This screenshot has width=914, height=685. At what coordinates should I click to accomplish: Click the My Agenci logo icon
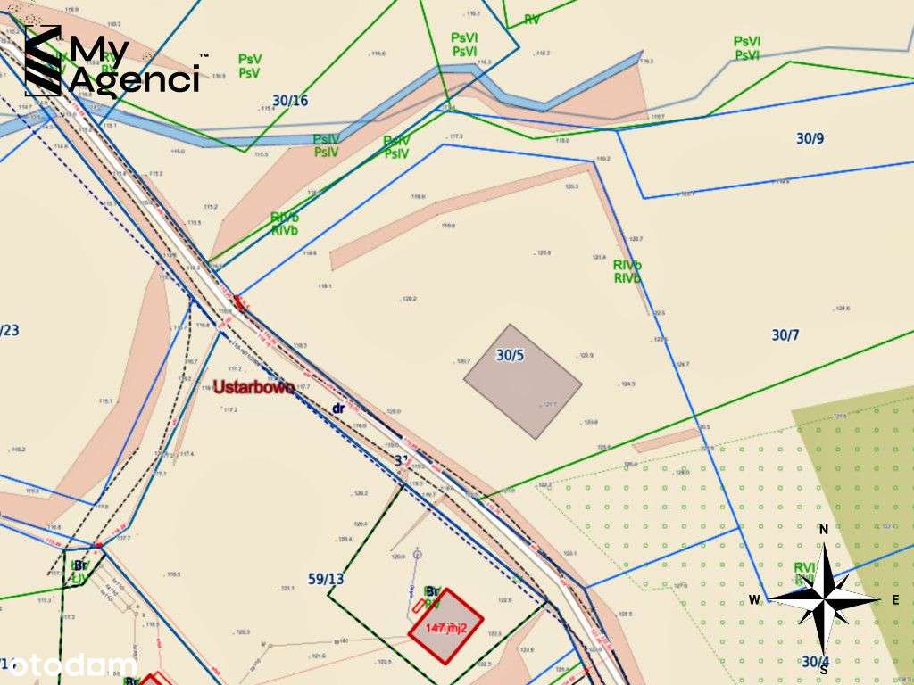[x=43, y=60]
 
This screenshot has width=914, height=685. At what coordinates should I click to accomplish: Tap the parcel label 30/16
[x=291, y=101]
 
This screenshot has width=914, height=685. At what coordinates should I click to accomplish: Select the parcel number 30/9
[x=810, y=138]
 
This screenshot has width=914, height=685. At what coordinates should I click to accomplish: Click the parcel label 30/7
[x=785, y=334]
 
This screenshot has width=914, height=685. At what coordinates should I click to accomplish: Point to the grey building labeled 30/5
[x=522, y=381]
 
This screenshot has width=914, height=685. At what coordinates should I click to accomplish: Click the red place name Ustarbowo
[x=253, y=389]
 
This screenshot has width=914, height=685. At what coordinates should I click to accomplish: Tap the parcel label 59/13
[x=326, y=578]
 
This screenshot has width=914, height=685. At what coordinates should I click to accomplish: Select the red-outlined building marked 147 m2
[x=445, y=625]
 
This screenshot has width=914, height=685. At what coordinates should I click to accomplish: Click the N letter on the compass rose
[x=824, y=529]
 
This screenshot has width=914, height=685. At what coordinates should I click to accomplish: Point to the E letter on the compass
[x=895, y=600]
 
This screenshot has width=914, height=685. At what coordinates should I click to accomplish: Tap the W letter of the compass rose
[x=754, y=599]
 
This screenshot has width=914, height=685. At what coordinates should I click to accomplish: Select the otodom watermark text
[x=67, y=664]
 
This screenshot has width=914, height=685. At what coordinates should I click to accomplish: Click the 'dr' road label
[x=338, y=409]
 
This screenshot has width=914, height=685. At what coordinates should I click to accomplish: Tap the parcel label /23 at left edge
[x=9, y=330]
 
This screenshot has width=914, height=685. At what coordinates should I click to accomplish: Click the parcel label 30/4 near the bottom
[x=815, y=662]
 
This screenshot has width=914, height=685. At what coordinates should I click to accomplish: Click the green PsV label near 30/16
[x=249, y=65]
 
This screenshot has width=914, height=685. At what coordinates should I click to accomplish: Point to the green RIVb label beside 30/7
[x=627, y=271]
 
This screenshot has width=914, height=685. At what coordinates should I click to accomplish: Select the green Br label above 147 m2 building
[x=432, y=590]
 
